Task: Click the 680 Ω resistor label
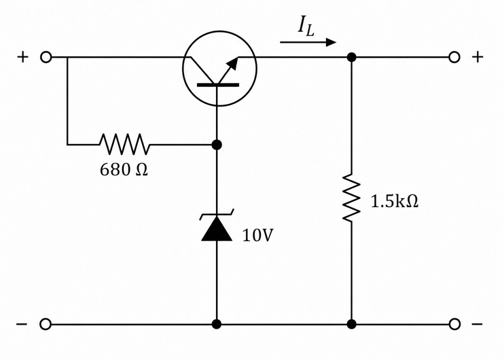pos(124,169)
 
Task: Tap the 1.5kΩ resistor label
pos(395,202)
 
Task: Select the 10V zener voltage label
pos(258,235)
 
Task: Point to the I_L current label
pos(306,26)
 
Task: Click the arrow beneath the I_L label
pos(308,42)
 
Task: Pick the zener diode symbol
pos(217,225)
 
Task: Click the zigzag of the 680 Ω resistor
pos(124,144)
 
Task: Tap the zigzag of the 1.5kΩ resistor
pos(352,198)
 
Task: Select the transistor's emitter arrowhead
pos(234,64)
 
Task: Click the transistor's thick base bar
pos(218,85)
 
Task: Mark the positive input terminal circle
pos(46,57)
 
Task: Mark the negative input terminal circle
pos(46,324)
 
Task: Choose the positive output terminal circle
pos(454,57)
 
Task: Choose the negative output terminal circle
pos(454,324)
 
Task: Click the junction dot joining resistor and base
pos(217,145)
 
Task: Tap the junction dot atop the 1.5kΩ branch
pos(352,57)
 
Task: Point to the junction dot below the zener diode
pos(217,324)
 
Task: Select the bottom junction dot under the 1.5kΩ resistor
pos(352,324)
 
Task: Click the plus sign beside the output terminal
pos(478,57)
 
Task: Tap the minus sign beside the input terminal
pos(22,324)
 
